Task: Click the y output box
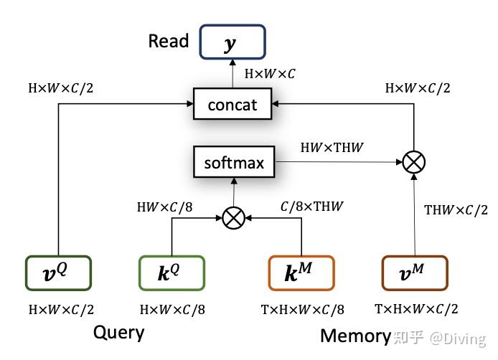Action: [x=232, y=42]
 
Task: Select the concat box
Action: [x=232, y=105]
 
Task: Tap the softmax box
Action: [x=234, y=163]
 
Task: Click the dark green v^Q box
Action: [x=58, y=273]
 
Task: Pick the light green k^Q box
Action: [x=172, y=273]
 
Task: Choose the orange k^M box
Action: [x=301, y=273]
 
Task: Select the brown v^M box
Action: [x=414, y=273]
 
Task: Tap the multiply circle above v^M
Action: [x=413, y=163]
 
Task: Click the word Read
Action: [x=168, y=41]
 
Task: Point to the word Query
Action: [x=118, y=333]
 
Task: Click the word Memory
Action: [x=355, y=335]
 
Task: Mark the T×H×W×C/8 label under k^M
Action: [x=301, y=310]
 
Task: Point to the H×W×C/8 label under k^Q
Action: [x=172, y=310]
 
